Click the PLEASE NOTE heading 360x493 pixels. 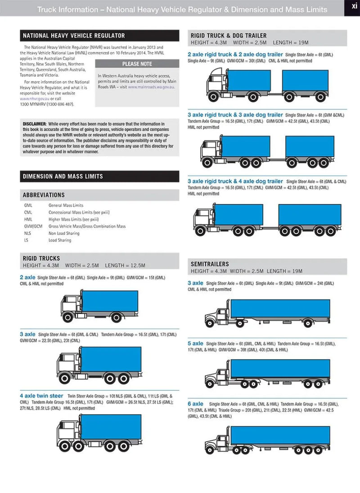137,64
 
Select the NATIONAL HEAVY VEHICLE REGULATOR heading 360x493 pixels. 74,36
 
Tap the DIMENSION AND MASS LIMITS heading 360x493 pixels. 63,176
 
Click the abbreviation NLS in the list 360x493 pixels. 28,233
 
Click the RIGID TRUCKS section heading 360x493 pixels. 41,258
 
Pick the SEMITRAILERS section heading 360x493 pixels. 210,264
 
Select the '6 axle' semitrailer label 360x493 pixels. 195,404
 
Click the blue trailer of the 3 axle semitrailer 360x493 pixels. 280,308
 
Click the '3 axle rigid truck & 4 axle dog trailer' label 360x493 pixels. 235,181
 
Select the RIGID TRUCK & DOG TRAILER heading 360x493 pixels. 229,36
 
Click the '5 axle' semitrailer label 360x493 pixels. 195,343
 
